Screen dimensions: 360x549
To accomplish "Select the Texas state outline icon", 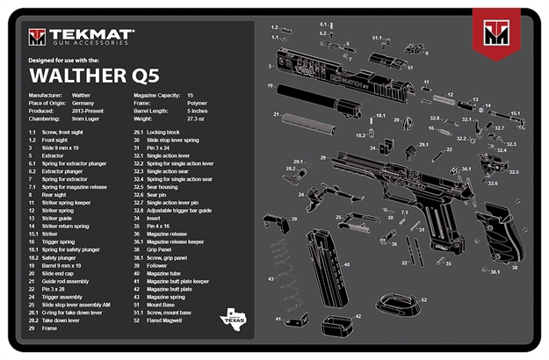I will [236, 314].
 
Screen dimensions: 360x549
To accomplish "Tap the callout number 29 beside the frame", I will [323, 157].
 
